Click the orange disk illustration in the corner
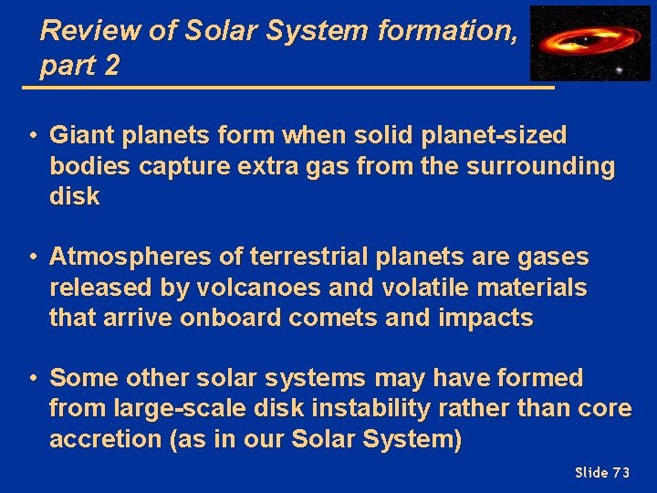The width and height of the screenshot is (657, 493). click(584, 40)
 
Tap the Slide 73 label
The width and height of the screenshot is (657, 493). click(602, 472)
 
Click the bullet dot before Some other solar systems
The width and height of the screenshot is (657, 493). click(31, 378)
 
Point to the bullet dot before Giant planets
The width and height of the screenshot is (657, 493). click(31, 136)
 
